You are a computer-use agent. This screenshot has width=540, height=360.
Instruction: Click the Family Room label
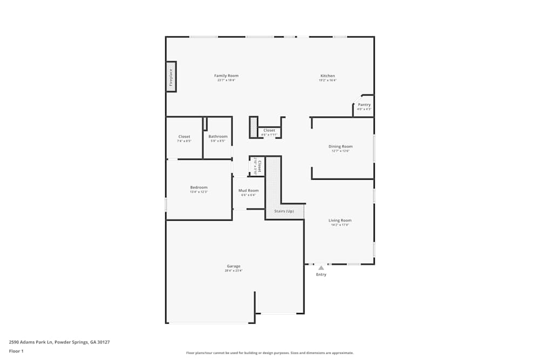point(226,76)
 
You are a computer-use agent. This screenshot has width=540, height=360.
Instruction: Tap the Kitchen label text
point(328,76)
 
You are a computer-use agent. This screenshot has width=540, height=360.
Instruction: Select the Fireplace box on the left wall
point(171,77)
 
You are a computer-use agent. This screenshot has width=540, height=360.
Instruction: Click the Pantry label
point(364,105)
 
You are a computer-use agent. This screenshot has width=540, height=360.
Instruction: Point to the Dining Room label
point(341,147)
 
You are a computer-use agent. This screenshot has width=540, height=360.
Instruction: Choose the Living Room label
point(340,220)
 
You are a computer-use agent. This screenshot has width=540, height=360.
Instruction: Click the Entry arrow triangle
point(321,268)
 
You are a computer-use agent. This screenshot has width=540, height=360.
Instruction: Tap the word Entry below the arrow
point(321,275)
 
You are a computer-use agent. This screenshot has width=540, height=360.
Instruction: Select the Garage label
point(234,266)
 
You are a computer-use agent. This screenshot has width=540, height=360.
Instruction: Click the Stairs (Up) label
point(284,211)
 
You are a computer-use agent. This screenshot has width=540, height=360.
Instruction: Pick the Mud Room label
point(249,191)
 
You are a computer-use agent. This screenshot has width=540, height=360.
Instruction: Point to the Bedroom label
point(199,187)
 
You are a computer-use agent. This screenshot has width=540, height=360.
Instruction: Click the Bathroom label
point(218,137)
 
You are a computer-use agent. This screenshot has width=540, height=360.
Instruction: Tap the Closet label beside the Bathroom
point(184,137)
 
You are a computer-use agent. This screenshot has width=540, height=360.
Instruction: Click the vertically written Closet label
point(260,166)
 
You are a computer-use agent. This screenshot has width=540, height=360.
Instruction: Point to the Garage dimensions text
point(234,270)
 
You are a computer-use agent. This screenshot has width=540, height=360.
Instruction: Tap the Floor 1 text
point(16,351)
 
